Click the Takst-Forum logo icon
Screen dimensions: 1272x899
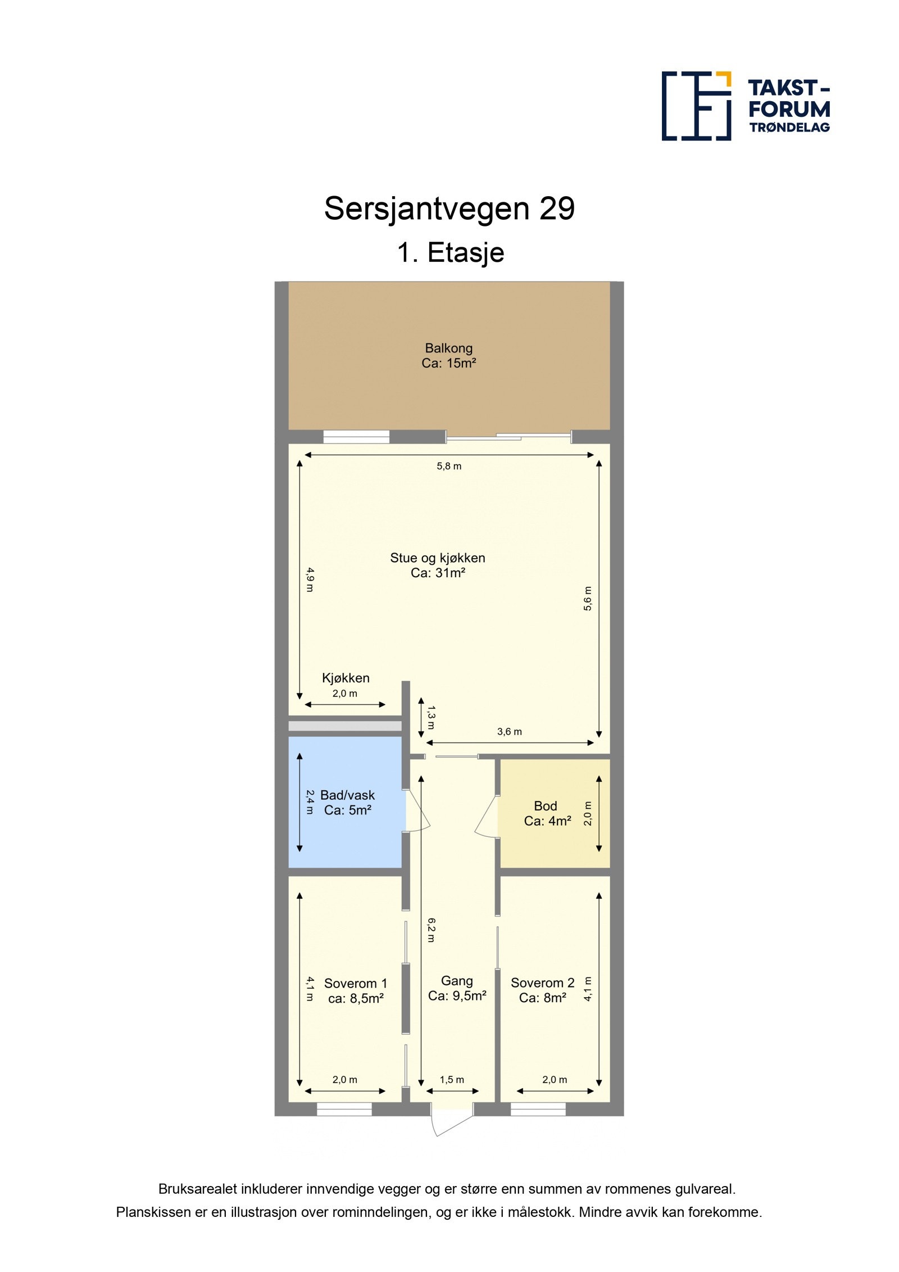[696, 106]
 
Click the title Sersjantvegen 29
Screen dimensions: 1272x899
[449, 209]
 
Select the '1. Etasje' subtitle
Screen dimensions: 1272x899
[450, 252]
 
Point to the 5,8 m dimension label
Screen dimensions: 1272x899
[449, 466]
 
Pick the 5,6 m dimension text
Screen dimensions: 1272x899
[588, 598]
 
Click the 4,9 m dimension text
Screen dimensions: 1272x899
[310, 580]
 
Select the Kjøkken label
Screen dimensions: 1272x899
[346, 678]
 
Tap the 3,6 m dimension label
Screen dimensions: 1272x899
[509, 732]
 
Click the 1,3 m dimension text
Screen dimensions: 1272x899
[430, 717]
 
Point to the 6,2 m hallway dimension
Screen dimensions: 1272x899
[431, 930]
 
